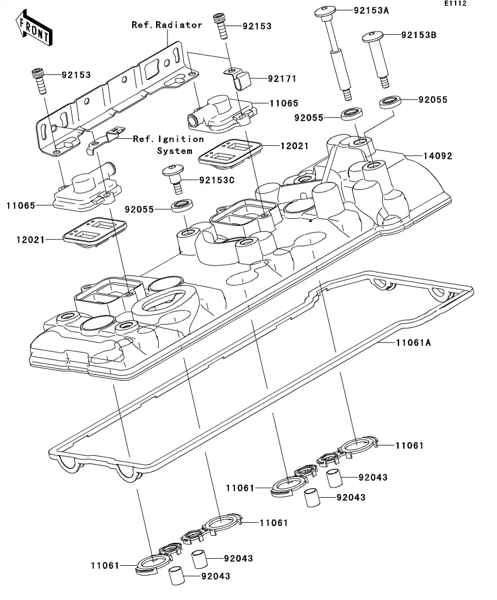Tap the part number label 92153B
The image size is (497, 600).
coord(419,36)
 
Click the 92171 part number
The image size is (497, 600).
coord(281,79)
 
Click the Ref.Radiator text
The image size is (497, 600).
coord(167,24)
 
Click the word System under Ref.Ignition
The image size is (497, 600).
coord(175,151)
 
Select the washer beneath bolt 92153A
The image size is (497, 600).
coord(352,114)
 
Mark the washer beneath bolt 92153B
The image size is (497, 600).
coord(405,101)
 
